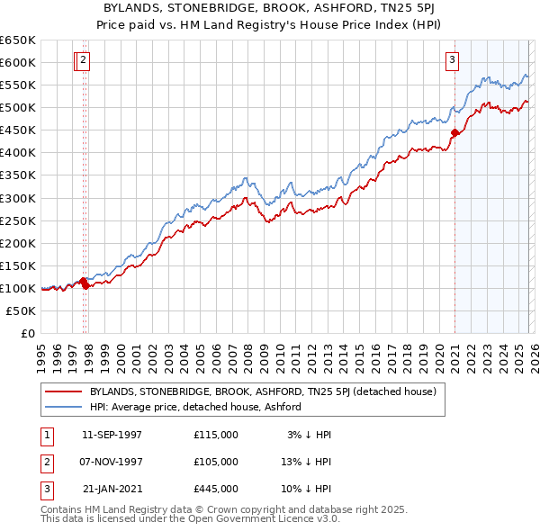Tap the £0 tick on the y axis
click(28, 333)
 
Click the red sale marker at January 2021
click(454, 133)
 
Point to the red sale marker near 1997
click(84, 283)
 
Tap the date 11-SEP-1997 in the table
click(112, 435)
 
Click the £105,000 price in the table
click(216, 462)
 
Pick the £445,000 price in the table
click(216, 489)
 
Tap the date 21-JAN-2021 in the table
click(112, 489)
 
